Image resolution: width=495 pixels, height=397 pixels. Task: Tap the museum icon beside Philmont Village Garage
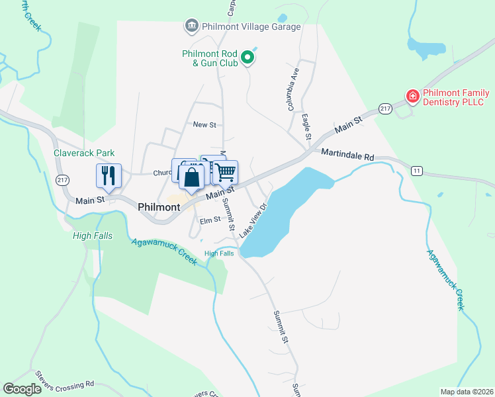pos(191,26)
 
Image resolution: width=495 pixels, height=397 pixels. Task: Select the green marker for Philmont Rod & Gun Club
pos(248,58)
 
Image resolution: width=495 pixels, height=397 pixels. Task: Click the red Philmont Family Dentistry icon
pos(412,97)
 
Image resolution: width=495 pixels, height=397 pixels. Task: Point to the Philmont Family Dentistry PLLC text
pos(454,97)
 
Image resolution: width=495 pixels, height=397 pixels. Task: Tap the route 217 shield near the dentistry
pos(386,108)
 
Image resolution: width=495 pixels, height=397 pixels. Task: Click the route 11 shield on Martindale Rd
pos(416,171)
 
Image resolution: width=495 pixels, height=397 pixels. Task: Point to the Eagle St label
pos(306,126)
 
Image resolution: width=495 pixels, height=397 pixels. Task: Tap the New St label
pos(204,124)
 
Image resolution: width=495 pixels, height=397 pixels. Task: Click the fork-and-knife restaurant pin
pos(109,175)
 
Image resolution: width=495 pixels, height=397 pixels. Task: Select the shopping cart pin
pos(226,172)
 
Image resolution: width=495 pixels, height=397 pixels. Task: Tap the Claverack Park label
pos(84,153)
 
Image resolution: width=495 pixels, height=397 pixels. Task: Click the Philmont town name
pos(159,207)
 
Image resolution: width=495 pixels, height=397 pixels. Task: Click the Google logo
pos(22,389)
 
